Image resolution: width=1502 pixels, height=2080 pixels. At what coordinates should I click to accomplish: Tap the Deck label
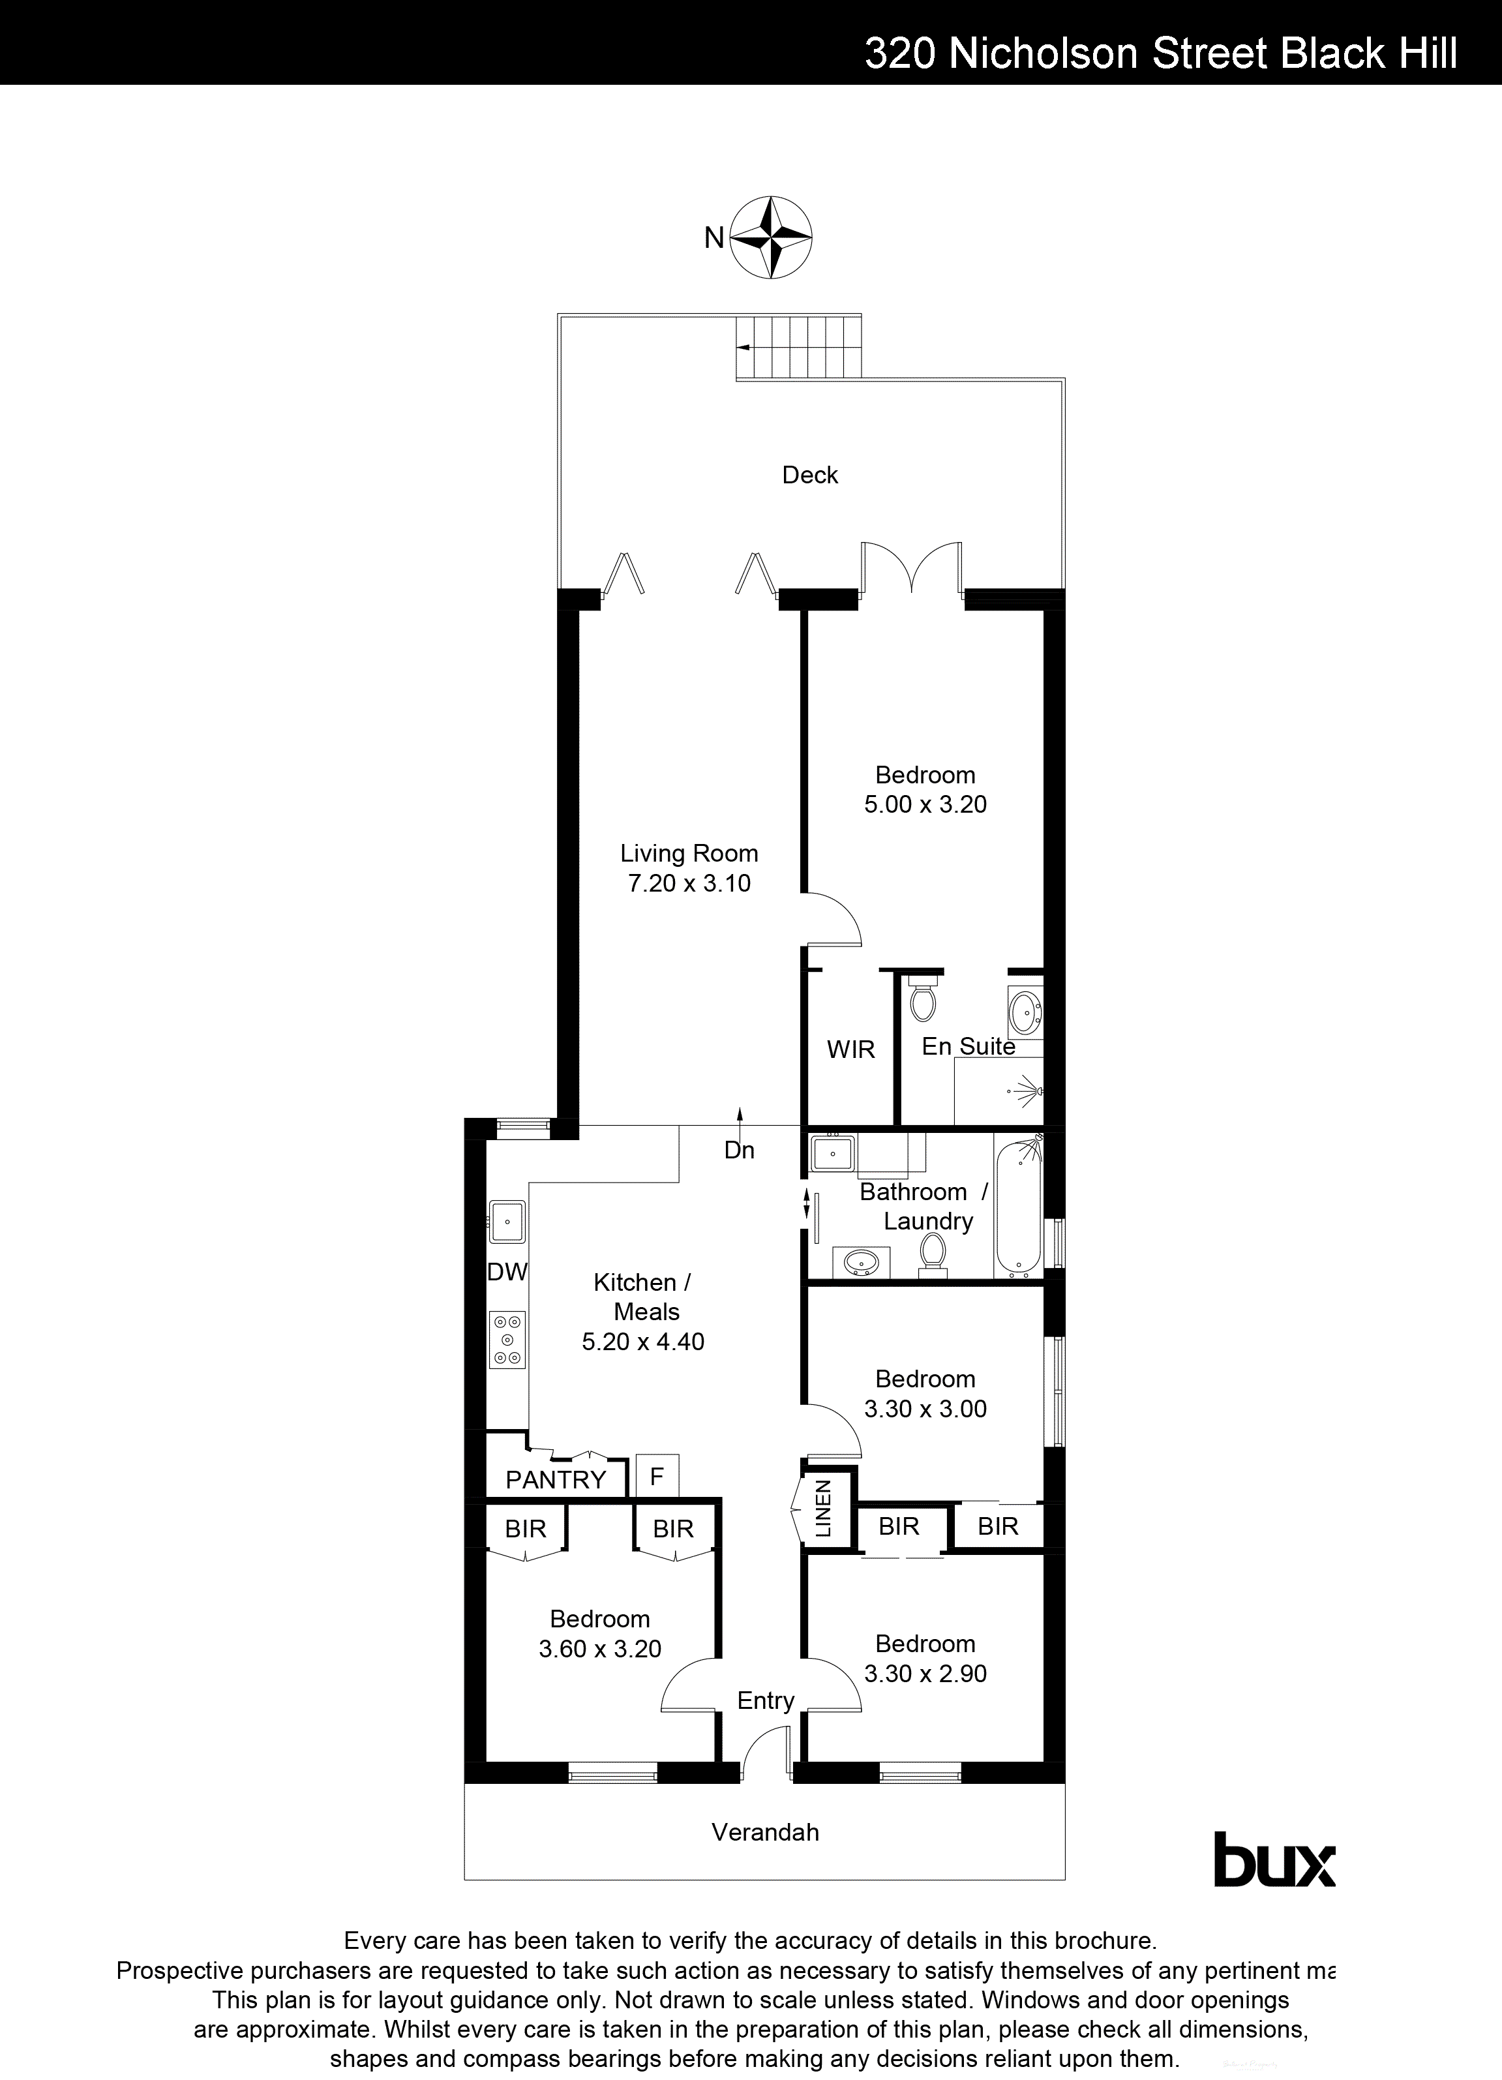pos(809,475)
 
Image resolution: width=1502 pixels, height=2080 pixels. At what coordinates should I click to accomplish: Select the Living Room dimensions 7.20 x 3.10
pos(689,883)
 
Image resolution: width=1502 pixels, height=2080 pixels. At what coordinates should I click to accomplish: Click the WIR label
pos(851,1049)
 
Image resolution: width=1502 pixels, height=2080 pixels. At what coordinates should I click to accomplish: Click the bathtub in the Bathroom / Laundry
pos(1019,1206)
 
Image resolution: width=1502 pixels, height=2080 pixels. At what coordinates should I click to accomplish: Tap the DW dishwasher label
pos(507,1272)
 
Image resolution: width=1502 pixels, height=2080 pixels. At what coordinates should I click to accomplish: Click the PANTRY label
pos(556,1479)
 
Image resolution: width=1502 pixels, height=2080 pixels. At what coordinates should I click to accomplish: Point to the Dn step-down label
pos(739,1150)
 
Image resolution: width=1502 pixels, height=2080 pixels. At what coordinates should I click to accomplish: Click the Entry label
pos(766,1700)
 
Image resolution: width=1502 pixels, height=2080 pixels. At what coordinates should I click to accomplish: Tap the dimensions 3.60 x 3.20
pos(600,1649)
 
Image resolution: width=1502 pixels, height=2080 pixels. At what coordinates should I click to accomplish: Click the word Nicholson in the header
pos(1044,54)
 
